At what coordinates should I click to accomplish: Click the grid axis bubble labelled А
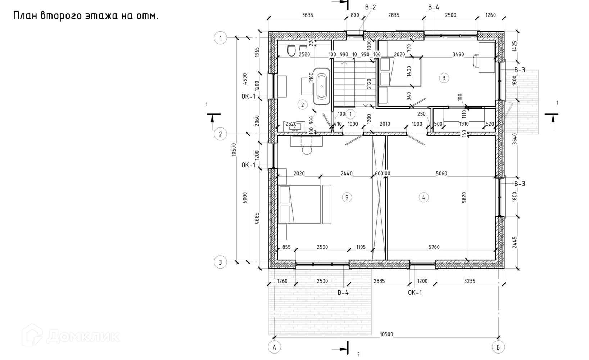pyautogui.click(x=274, y=347)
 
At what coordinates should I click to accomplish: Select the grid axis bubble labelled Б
pyautogui.click(x=498, y=347)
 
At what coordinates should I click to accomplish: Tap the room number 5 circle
pyautogui.click(x=346, y=197)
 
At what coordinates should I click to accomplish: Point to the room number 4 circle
pyautogui.click(x=423, y=197)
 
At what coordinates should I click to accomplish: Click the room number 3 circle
pyautogui.click(x=444, y=78)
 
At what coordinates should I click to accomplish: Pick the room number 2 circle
pyautogui.click(x=302, y=105)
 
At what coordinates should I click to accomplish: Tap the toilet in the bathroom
pyautogui.click(x=291, y=50)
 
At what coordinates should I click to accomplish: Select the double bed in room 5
pyautogui.click(x=299, y=204)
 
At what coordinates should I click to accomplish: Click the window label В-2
pyautogui.click(x=370, y=7)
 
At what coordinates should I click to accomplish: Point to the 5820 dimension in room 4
pyautogui.click(x=464, y=197)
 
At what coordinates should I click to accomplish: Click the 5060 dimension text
pyautogui.click(x=441, y=174)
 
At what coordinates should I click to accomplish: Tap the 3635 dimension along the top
pyautogui.click(x=307, y=15)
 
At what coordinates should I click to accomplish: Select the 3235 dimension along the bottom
pyautogui.click(x=469, y=281)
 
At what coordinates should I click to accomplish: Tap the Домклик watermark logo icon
pyautogui.click(x=32, y=335)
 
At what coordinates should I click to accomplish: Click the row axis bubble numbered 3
pyautogui.click(x=220, y=262)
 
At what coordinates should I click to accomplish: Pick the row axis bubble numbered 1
pyautogui.click(x=220, y=38)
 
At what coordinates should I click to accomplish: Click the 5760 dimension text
pyautogui.click(x=434, y=247)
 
